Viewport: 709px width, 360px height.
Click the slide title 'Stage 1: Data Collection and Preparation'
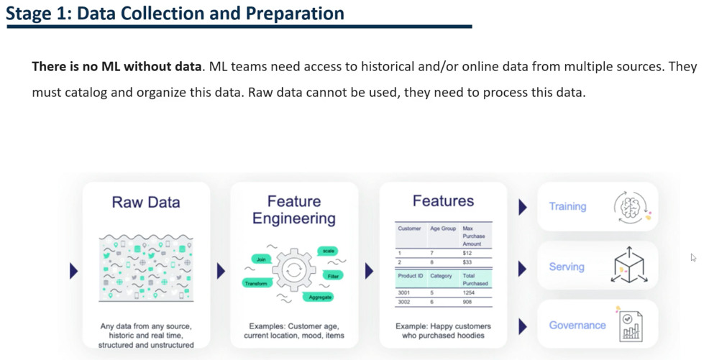(175, 13)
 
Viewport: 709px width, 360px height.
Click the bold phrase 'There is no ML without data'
(116, 67)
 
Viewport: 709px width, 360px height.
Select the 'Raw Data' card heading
(146, 202)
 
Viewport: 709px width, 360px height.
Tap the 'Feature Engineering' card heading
(293, 210)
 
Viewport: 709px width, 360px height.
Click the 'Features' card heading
(443, 201)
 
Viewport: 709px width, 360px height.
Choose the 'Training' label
(567, 206)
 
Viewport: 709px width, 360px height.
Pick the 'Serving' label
(567, 267)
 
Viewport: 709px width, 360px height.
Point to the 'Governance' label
(577, 325)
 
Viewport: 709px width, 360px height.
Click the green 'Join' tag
(262, 259)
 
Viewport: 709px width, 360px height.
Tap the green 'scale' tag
(328, 251)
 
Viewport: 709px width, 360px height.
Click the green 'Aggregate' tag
(319, 297)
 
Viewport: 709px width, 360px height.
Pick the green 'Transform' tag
(256, 283)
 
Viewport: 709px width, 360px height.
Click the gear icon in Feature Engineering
(293, 271)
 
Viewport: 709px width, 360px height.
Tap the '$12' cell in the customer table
(467, 253)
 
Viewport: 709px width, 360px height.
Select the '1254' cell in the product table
(469, 292)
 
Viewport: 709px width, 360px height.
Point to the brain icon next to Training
(631, 206)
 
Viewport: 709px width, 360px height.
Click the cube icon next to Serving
(628, 266)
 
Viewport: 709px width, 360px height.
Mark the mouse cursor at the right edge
(693, 257)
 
